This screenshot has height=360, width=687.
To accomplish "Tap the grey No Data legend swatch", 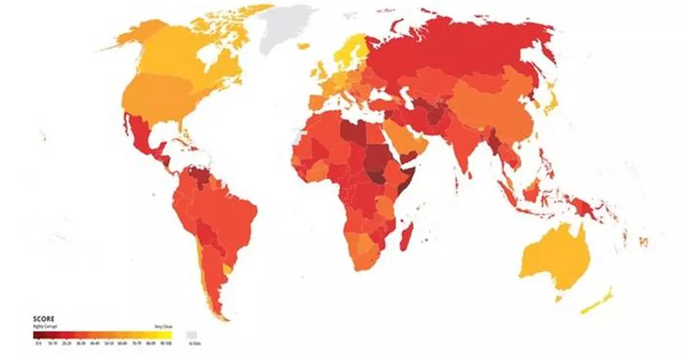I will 192,334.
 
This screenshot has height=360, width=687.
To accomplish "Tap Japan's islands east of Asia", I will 551,103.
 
